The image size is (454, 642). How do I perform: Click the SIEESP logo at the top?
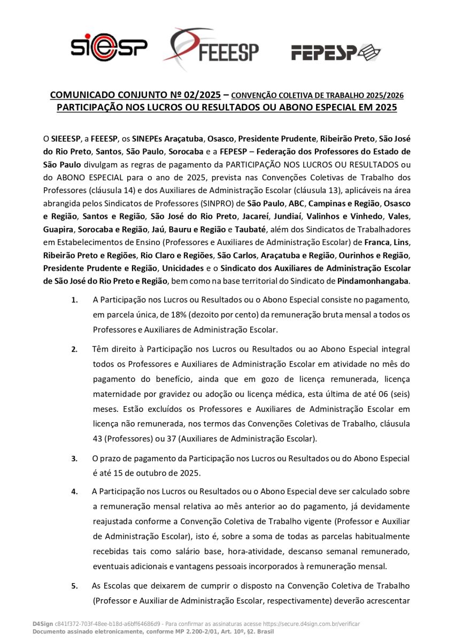click(109, 48)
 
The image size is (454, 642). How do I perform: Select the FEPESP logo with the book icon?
click(335, 52)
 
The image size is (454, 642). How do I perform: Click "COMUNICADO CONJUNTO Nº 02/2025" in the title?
click(135, 95)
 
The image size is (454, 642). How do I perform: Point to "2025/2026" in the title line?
click(385, 96)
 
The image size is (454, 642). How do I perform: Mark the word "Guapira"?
click(58, 229)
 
